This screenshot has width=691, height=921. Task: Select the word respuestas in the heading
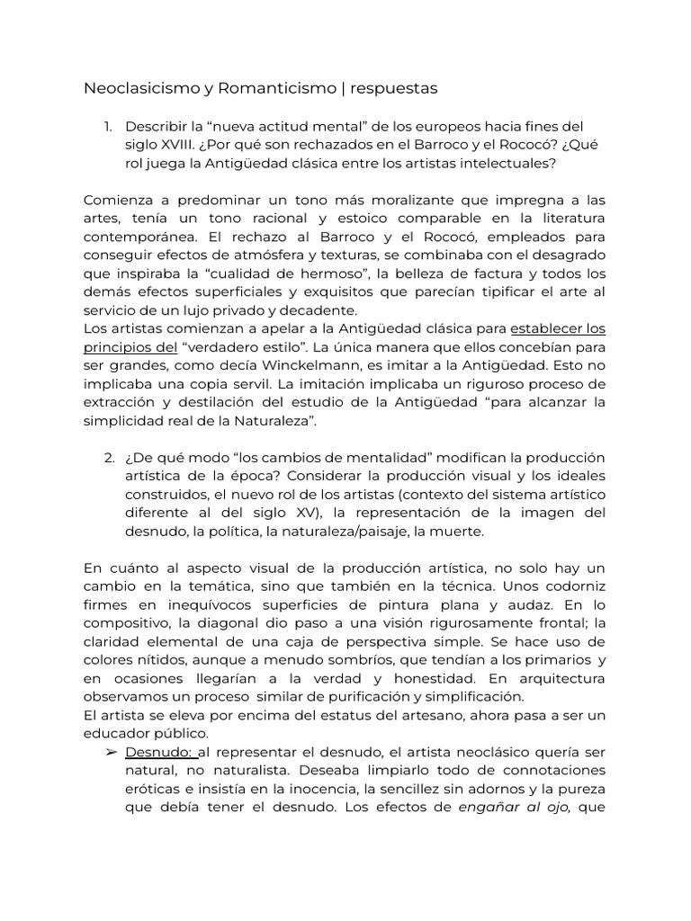(x=393, y=88)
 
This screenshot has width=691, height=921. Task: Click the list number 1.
(x=107, y=127)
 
